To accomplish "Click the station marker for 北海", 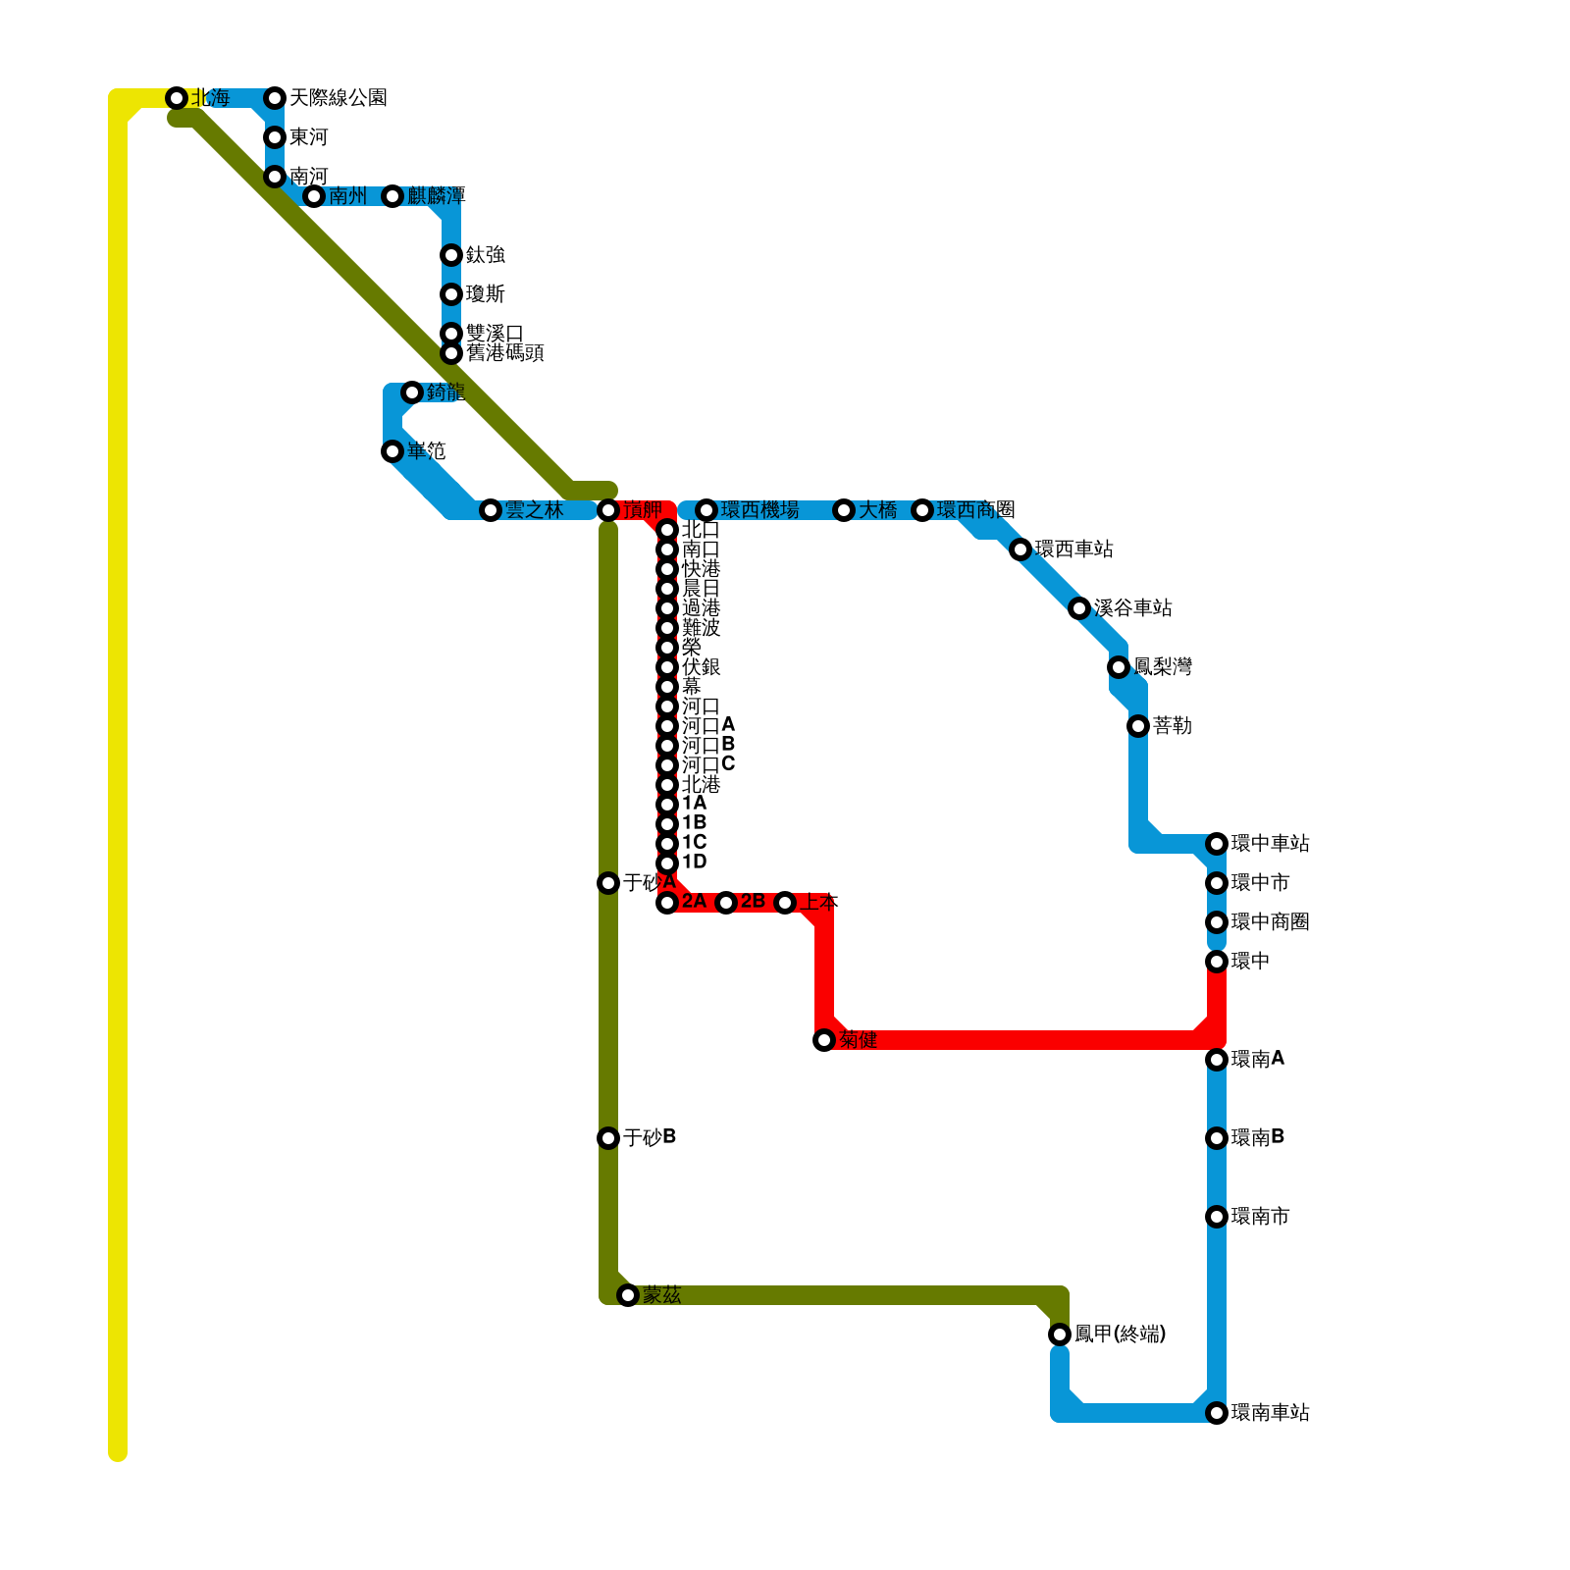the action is point(177,98).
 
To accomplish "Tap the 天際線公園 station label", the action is point(338,98).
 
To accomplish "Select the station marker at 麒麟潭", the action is point(392,196).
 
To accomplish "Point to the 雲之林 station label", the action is point(534,510).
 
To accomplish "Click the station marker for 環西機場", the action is point(706,510).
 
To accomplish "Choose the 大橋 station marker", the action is point(844,510).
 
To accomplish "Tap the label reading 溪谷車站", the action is point(1132,608).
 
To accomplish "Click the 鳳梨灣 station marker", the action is point(1119,667).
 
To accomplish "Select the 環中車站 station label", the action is point(1270,844).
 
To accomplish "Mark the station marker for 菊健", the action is point(824,1040).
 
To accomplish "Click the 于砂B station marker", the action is point(608,1138).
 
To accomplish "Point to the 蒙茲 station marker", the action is point(628,1295).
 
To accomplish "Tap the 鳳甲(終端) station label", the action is point(1120,1334).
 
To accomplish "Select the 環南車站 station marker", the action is point(1217,1413).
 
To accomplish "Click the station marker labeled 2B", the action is point(726,903).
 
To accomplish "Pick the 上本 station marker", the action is point(785,903).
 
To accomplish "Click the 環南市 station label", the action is point(1260,1217).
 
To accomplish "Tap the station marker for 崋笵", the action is point(392,451).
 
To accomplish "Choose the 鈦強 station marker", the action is point(451,255).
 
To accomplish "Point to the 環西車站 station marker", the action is point(1020,549).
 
